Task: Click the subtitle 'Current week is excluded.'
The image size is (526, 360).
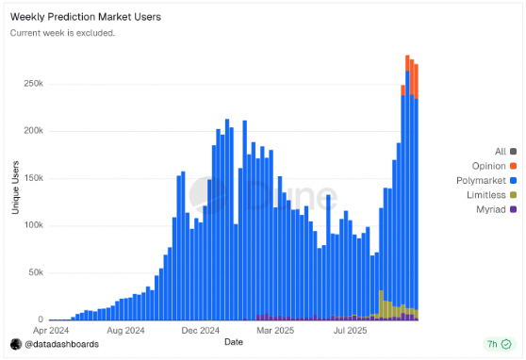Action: (x=62, y=33)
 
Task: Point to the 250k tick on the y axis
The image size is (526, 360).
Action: (x=32, y=83)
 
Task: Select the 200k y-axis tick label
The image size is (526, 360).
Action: (x=32, y=130)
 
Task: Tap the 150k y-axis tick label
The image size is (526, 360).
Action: (x=32, y=178)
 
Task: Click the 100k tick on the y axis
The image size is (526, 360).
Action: (x=32, y=225)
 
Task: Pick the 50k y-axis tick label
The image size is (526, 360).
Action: (x=34, y=272)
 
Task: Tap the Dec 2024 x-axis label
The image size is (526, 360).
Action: (x=201, y=331)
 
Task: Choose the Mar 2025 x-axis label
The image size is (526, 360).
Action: (x=277, y=331)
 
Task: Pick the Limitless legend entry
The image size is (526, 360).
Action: (x=491, y=194)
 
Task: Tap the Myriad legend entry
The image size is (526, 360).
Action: (x=495, y=208)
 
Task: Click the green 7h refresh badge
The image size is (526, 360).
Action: (x=496, y=345)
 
